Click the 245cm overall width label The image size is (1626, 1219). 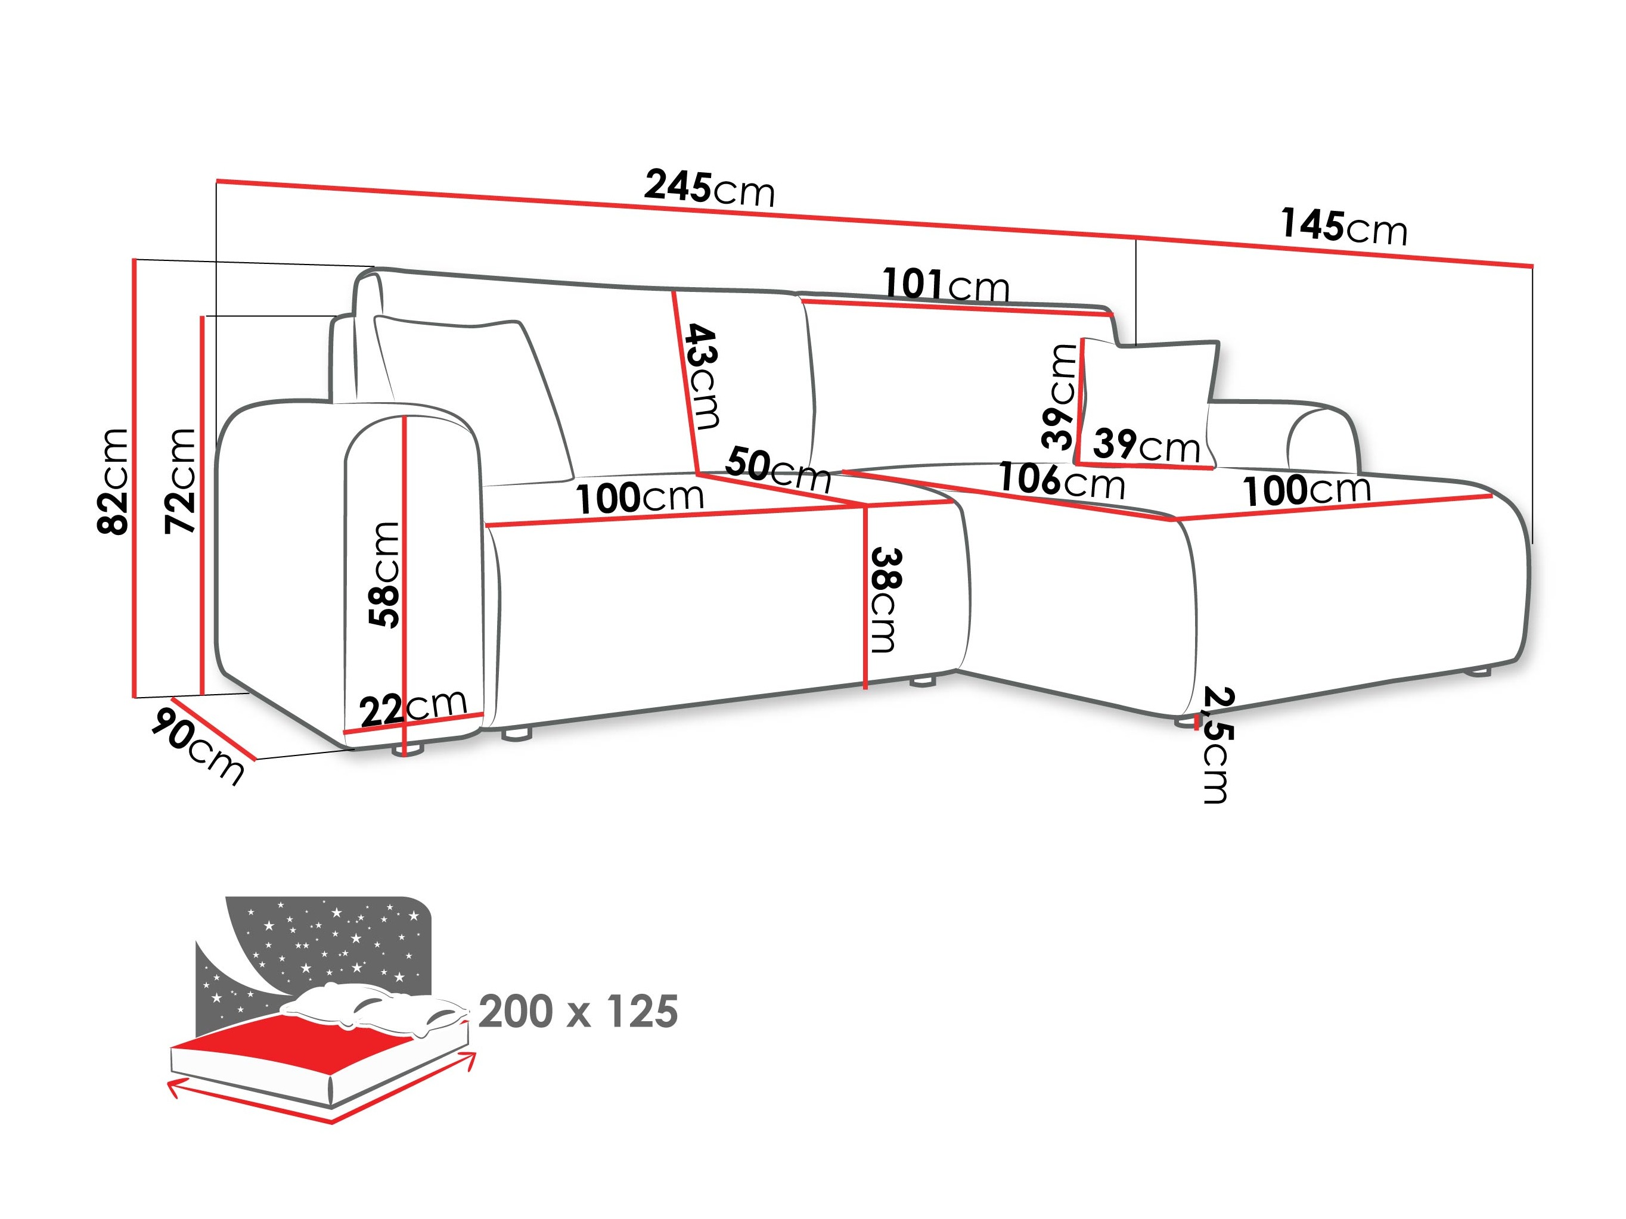709,188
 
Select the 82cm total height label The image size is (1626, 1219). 114,481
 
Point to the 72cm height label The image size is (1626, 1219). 181,481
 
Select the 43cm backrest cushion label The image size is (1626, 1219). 702,376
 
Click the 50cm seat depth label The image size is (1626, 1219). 778,469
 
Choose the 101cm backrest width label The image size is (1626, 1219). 946,285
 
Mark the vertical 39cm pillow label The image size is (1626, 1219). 1059,397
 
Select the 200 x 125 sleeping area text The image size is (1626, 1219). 578,1012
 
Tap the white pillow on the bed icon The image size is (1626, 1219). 375,1007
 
